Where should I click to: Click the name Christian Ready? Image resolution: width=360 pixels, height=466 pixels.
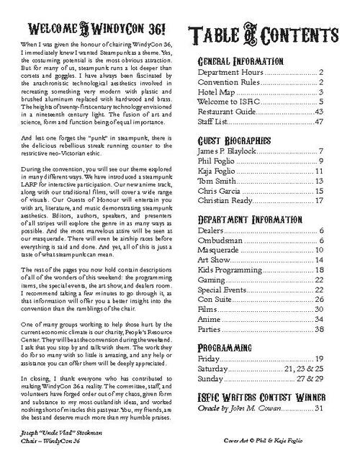coord(223,201)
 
